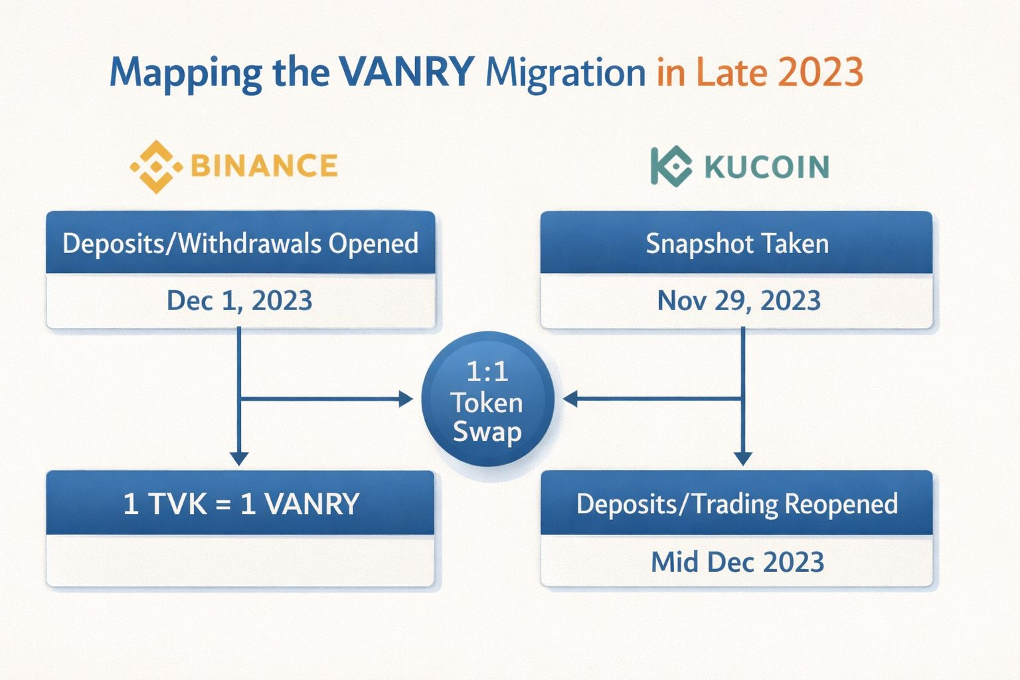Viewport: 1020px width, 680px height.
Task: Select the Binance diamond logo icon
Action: [156, 167]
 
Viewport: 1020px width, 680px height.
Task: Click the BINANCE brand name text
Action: [264, 165]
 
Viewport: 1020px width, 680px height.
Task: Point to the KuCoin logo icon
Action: [671, 166]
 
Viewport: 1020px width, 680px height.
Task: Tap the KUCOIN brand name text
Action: [767, 167]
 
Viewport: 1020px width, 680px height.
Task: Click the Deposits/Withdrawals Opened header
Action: [240, 243]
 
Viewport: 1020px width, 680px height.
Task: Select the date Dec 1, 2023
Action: [240, 301]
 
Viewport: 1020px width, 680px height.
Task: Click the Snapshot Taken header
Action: [737, 244]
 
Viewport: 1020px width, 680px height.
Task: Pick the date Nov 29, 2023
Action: [739, 301]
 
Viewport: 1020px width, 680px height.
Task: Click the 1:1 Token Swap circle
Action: [487, 399]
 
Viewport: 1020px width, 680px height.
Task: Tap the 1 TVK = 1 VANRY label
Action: [241, 504]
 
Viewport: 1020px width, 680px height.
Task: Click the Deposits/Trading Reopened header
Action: [737, 504]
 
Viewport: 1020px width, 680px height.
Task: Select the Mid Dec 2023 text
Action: [738, 562]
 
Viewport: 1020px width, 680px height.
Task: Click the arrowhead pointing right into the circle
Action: [406, 399]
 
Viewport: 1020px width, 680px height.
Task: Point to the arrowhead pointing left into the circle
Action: [570, 399]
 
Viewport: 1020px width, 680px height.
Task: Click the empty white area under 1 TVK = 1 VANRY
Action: [240, 560]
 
